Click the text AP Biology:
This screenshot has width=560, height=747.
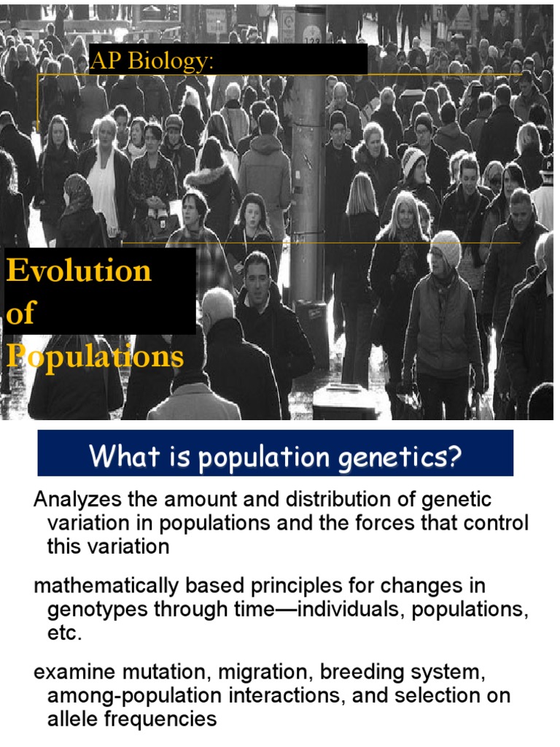coord(152,62)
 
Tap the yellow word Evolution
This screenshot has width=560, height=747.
coord(79,271)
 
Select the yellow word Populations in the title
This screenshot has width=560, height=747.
coord(96,357)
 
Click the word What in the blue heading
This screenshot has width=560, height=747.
coord(117,457)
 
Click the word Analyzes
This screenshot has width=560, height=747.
coord(75,500)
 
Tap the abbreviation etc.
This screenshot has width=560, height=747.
coord(64,633)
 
